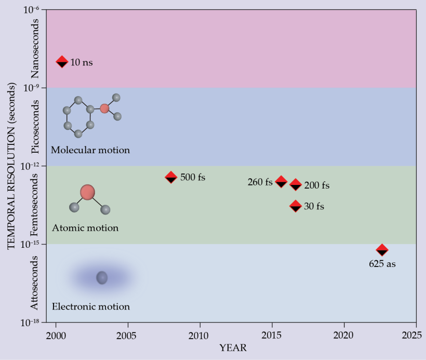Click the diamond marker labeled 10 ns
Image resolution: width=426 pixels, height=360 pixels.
click(62, 62)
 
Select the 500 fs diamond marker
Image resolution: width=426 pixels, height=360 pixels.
click(171, 177)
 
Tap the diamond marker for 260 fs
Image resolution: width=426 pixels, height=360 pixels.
click(281, 181)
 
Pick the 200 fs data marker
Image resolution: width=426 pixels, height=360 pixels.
click(296, 184)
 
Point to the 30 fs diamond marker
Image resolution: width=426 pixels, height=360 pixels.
click(296, 206)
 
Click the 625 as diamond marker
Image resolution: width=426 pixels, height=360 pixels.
click(382, 250)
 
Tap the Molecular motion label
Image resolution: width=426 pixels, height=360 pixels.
click(90, 150)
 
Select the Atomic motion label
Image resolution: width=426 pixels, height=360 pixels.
click(85, 228)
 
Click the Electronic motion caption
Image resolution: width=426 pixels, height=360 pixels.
click(90, 306)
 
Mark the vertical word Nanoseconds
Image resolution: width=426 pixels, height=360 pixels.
click(35, 48)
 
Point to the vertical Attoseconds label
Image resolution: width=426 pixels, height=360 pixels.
click(35, 283)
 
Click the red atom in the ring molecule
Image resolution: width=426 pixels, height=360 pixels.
click(104, 109)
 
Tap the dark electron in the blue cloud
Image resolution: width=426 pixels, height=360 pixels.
click(102, 278)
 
